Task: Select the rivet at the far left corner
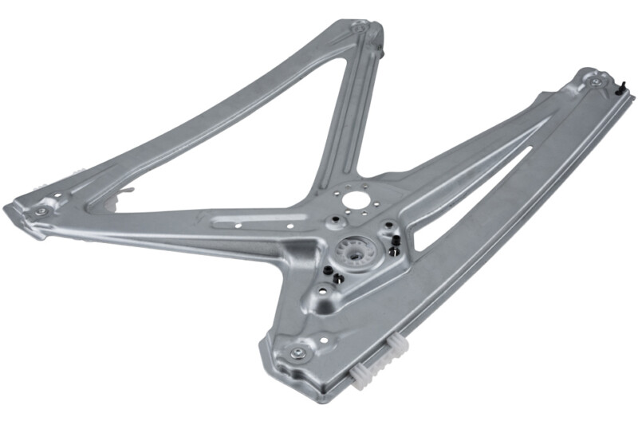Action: tap(41, 211)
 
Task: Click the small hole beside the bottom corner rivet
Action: tap(323, 342)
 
